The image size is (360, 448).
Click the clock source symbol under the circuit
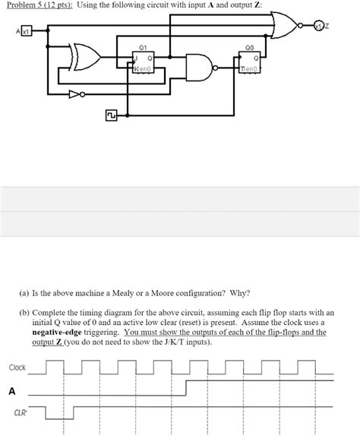[111, 115]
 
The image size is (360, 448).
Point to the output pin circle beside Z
[320, 27]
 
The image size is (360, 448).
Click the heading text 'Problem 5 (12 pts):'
[35, 6]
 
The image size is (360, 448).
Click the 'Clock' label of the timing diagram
[17, 368]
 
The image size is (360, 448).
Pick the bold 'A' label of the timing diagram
[11, 392]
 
